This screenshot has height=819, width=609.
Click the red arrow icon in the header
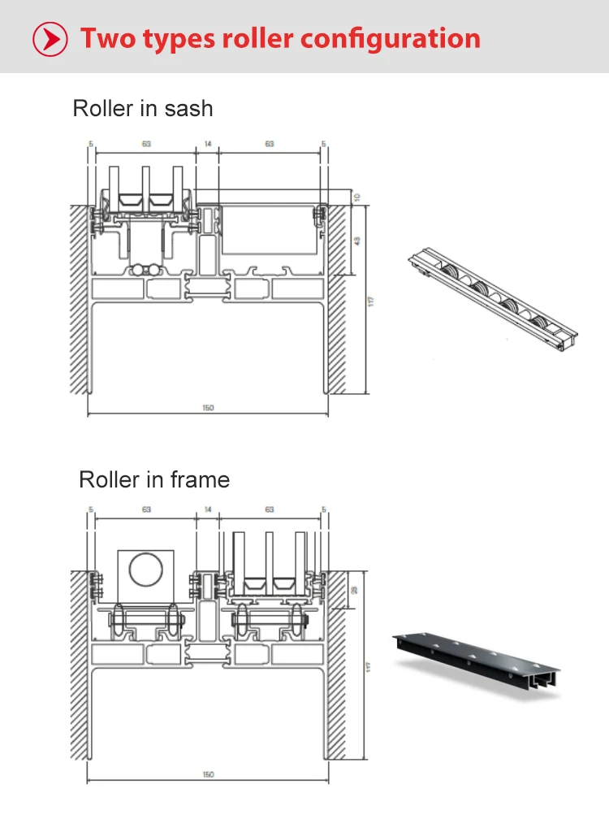pos(50,38)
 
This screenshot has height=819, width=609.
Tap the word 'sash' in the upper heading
pos(188,108)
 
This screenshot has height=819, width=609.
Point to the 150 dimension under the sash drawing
pos(208,408)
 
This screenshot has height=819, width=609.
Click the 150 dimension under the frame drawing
pos(208,775)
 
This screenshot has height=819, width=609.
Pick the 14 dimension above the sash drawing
pos(208,145)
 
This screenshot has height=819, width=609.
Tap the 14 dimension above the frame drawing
pos(208,510)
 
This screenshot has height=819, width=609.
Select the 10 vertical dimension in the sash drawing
pos(356,197)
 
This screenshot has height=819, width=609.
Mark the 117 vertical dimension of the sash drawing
pos(371,301)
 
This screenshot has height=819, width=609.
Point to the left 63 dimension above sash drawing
pos(146,145)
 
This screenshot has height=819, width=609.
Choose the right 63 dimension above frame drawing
pos(269,510)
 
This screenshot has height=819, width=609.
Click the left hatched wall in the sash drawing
pos(78,301)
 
